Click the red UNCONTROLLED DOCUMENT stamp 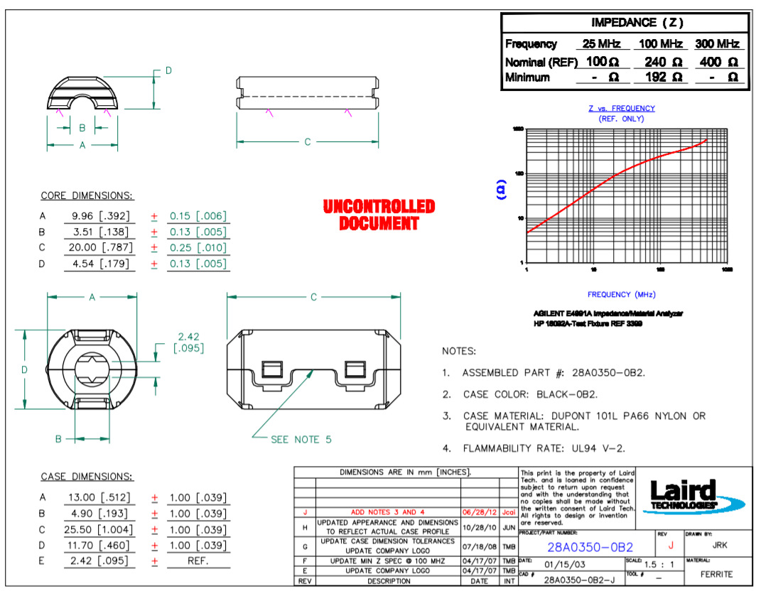pos(378,215)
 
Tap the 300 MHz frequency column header pos(719,44)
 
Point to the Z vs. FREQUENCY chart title pos(621,109)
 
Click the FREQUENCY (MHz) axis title pos(621,294)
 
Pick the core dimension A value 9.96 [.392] pos(99,216)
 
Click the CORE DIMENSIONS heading pos(87,196)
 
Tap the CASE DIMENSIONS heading pos(87,477)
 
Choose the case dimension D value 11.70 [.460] pos(99,546)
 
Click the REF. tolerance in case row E pos(198,561)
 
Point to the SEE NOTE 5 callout pos(301,440)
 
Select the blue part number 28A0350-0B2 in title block pos(590,547)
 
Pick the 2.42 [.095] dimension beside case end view pos(188,342)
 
